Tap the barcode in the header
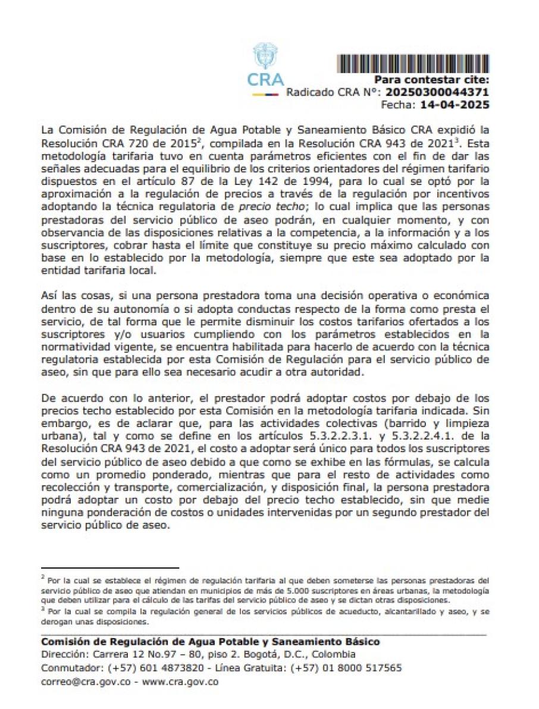[x=413, y=64]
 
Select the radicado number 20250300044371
[x=437, y=93]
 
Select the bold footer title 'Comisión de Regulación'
[x=98, y=642]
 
